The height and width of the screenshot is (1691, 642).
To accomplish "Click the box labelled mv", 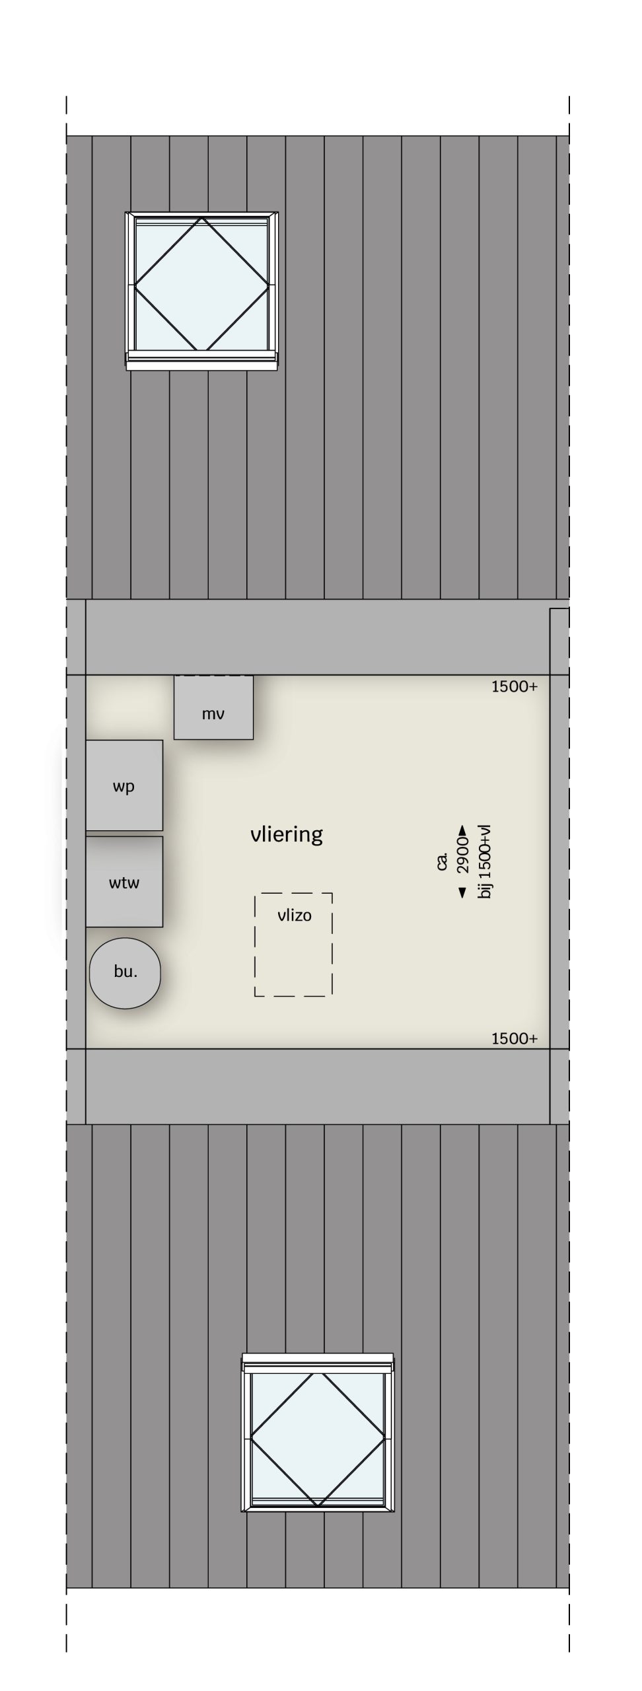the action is (213, 707).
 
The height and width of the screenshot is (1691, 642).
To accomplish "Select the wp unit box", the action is (124, 785).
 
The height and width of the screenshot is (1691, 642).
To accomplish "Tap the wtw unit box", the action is (124, 882).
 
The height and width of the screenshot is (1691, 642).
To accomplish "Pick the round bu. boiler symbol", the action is (125, 973).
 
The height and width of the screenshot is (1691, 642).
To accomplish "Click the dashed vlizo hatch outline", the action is (255, 945).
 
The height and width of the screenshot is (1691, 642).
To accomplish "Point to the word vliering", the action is (287, 834).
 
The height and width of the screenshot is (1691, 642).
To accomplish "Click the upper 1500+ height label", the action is (515, 686).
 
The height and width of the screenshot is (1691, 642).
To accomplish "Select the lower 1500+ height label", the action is (515, 1038).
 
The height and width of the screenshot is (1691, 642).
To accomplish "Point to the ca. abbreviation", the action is (443, 861).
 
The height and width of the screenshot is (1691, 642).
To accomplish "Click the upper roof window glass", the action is (201, 285).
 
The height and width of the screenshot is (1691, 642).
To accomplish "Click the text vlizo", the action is (295, 915).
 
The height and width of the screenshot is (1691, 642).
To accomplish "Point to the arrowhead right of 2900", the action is (463, 830).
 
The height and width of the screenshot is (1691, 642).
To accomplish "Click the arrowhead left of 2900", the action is (463, 893).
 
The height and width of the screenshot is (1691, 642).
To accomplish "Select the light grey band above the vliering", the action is (318, 637).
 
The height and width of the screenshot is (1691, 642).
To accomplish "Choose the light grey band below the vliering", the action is (318, 1087).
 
